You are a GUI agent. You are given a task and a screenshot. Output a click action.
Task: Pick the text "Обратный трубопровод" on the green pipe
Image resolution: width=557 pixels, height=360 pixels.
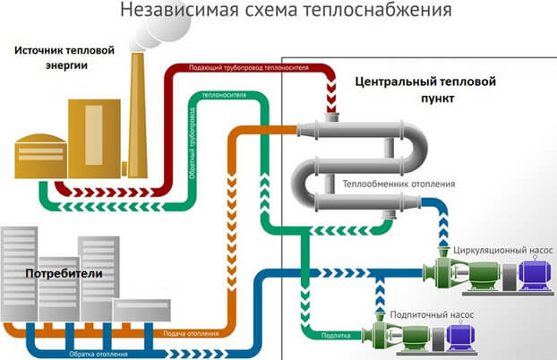click(193, 147)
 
